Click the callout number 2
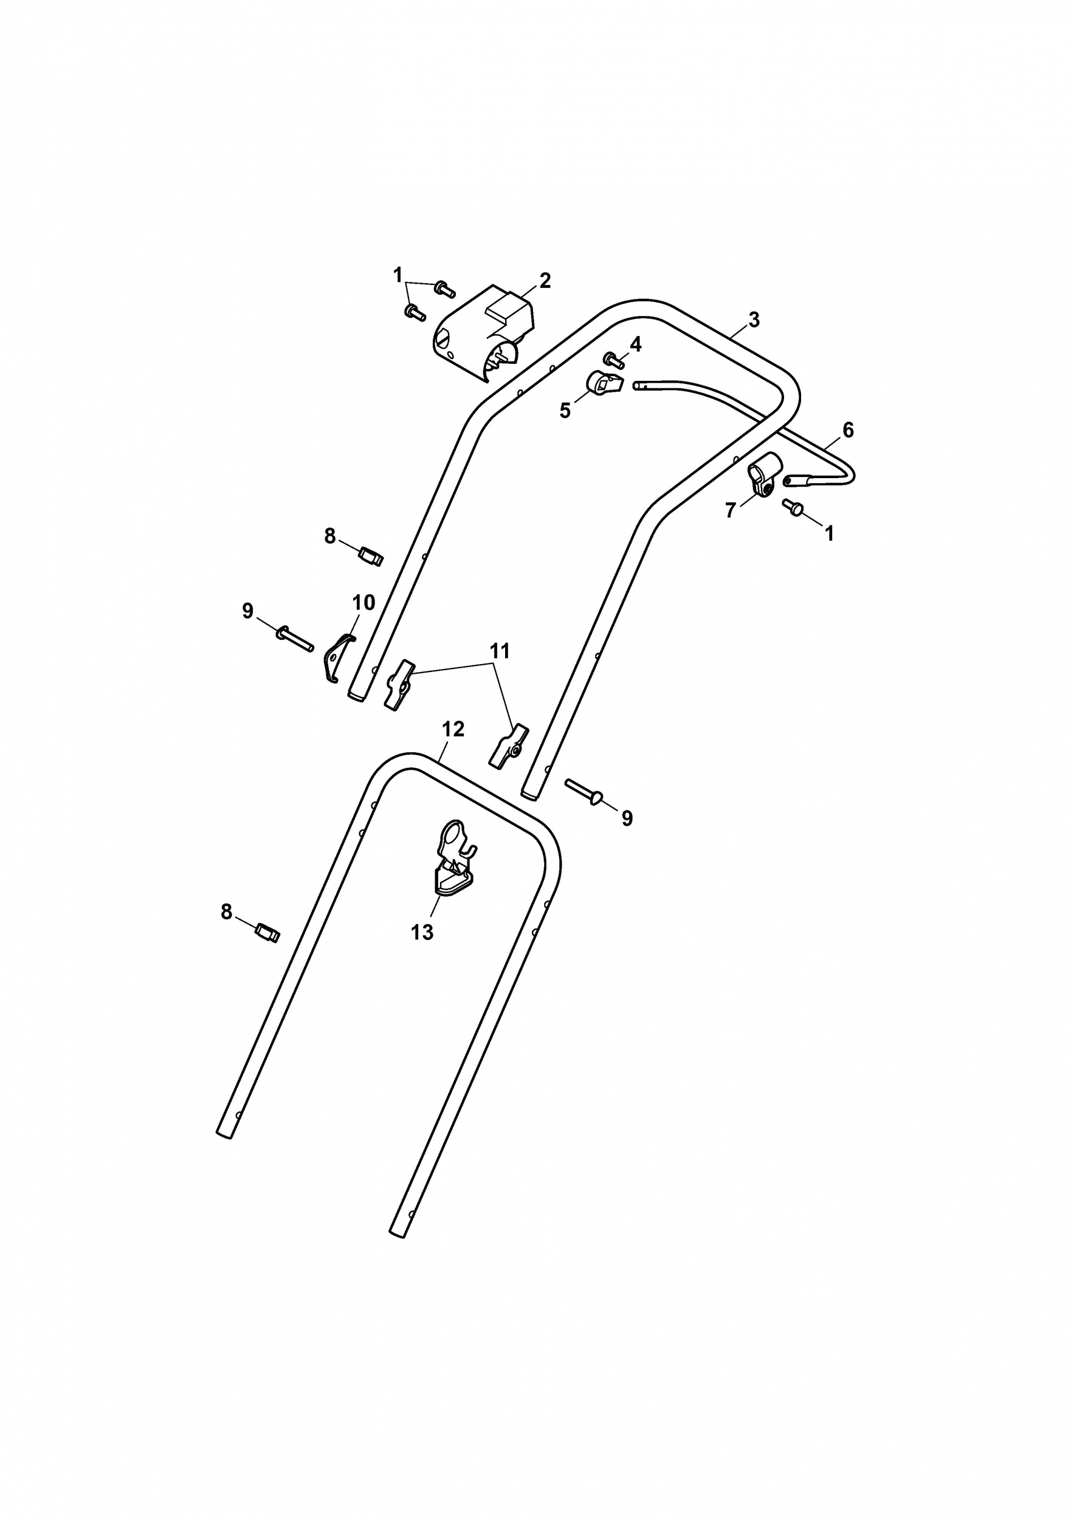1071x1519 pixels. tap(545, 281)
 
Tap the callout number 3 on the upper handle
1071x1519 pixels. tap(754, 320)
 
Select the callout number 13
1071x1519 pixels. tap(422, 932)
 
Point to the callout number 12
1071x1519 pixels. tap(453, 729)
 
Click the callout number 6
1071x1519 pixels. tap(848, 430)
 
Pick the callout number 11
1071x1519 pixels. tap(500, 651)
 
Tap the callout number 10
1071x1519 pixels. tap(364, 603)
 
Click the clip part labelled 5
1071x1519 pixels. tap(604, 383)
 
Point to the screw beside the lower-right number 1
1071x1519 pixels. tap(793, 507)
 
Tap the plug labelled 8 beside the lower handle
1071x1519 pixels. tap(268, 933)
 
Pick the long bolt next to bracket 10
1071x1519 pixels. tap(295, 638)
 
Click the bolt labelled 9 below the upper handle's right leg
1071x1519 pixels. tap(584, 790)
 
